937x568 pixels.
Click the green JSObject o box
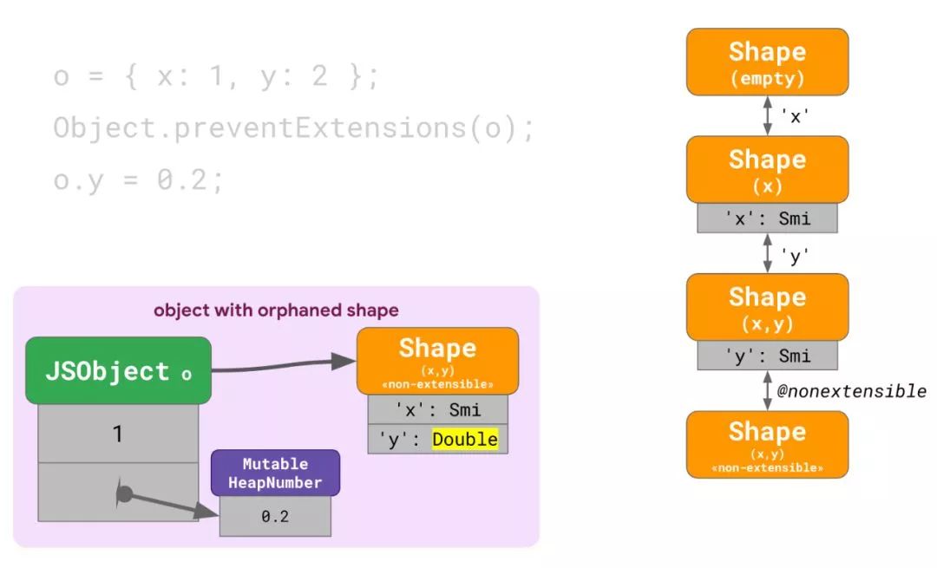(x=118, y=371)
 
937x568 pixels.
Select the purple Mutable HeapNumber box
(x=275, y=473)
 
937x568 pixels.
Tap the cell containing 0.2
(x=275, y=516)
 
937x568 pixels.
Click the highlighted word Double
(x=465, y=440)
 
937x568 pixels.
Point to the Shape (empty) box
(x=767, y=62)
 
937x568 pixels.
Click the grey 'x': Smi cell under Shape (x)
(x=767, y=219)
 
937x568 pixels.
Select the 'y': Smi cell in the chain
(x=767, y=356)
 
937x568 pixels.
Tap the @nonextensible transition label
(x=851, y=391)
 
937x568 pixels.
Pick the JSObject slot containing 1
(x=118, y=434)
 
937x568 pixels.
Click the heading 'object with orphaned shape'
(x=276, y=310)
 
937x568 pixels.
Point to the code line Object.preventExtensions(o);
(x=294, y=128)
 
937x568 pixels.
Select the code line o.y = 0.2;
(x=139, y=180)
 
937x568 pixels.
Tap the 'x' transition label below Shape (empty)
(x=795, y=116)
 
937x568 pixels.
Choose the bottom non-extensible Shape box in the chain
(x=767, y=444)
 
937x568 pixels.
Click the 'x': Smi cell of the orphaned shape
(x=437, y=410)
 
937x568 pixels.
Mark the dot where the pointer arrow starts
(x=124, y=494)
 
